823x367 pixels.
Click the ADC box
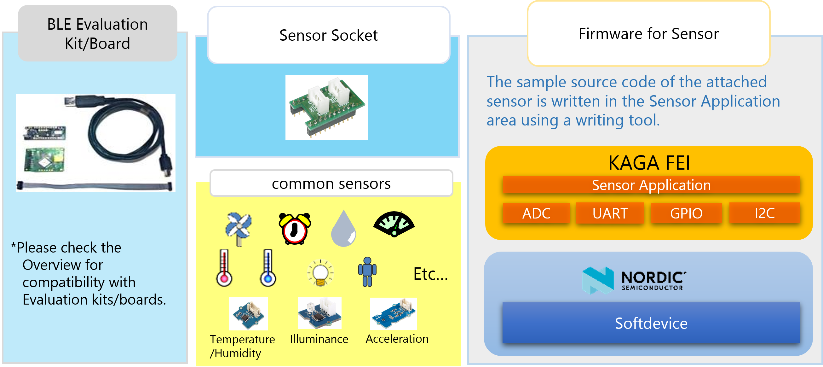click(536, 213)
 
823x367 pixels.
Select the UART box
click(610, 213)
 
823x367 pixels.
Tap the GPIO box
click(686, 213)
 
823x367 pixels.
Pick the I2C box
click(764, 213)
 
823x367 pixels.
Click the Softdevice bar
click(651, 323)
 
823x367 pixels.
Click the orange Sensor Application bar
click(651, 185)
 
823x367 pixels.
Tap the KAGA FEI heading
click(649, 163)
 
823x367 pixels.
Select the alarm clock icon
click(295, 228)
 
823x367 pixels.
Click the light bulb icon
click(320, 273)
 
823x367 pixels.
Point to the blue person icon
click(367, 272)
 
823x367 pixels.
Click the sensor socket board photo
click(326, 108)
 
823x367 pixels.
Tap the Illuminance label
click(319, 339)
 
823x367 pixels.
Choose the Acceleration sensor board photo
click(394, 314)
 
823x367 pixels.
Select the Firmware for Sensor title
click(648, 33)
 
